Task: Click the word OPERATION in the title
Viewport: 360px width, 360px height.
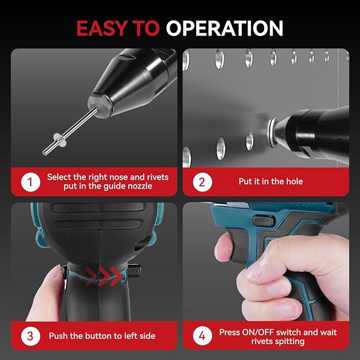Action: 224,28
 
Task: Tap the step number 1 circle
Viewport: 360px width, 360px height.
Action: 30,182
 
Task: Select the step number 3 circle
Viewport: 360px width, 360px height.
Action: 30,336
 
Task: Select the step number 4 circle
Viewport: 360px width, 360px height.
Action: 202,336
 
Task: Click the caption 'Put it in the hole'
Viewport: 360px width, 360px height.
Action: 270,182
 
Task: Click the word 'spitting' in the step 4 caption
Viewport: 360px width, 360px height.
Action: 289,341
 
